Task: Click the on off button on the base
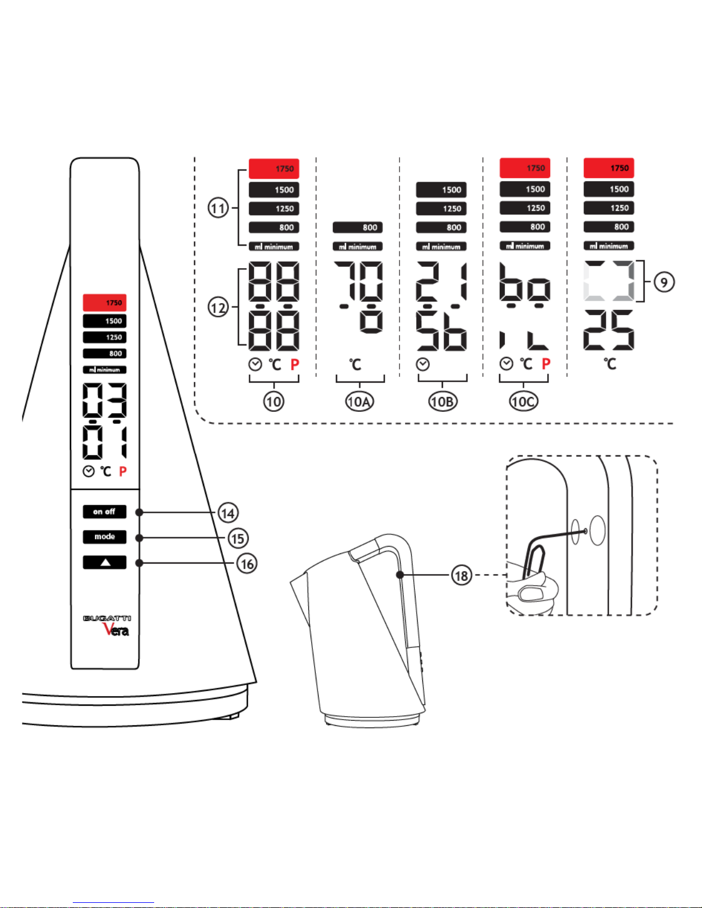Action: (104, 512)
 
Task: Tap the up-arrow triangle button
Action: (104, 562)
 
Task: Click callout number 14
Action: (228, 513)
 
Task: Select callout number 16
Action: (246, 564)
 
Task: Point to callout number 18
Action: (461, 575)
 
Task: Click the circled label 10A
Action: (359, 402)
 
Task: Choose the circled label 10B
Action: (442, 402)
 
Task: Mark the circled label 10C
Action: (524, 402)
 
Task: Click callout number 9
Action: (664, 282)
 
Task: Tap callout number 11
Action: (218, 208)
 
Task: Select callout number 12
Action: (218, 308)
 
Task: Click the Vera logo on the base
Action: (116, 629)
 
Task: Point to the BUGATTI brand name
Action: (107, 618)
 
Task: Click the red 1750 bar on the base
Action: (104, 302)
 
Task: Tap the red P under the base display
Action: (123, 471)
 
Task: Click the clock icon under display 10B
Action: (423, 364)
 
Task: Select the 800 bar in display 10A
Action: (358, 227)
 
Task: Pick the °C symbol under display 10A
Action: (355, 364)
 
